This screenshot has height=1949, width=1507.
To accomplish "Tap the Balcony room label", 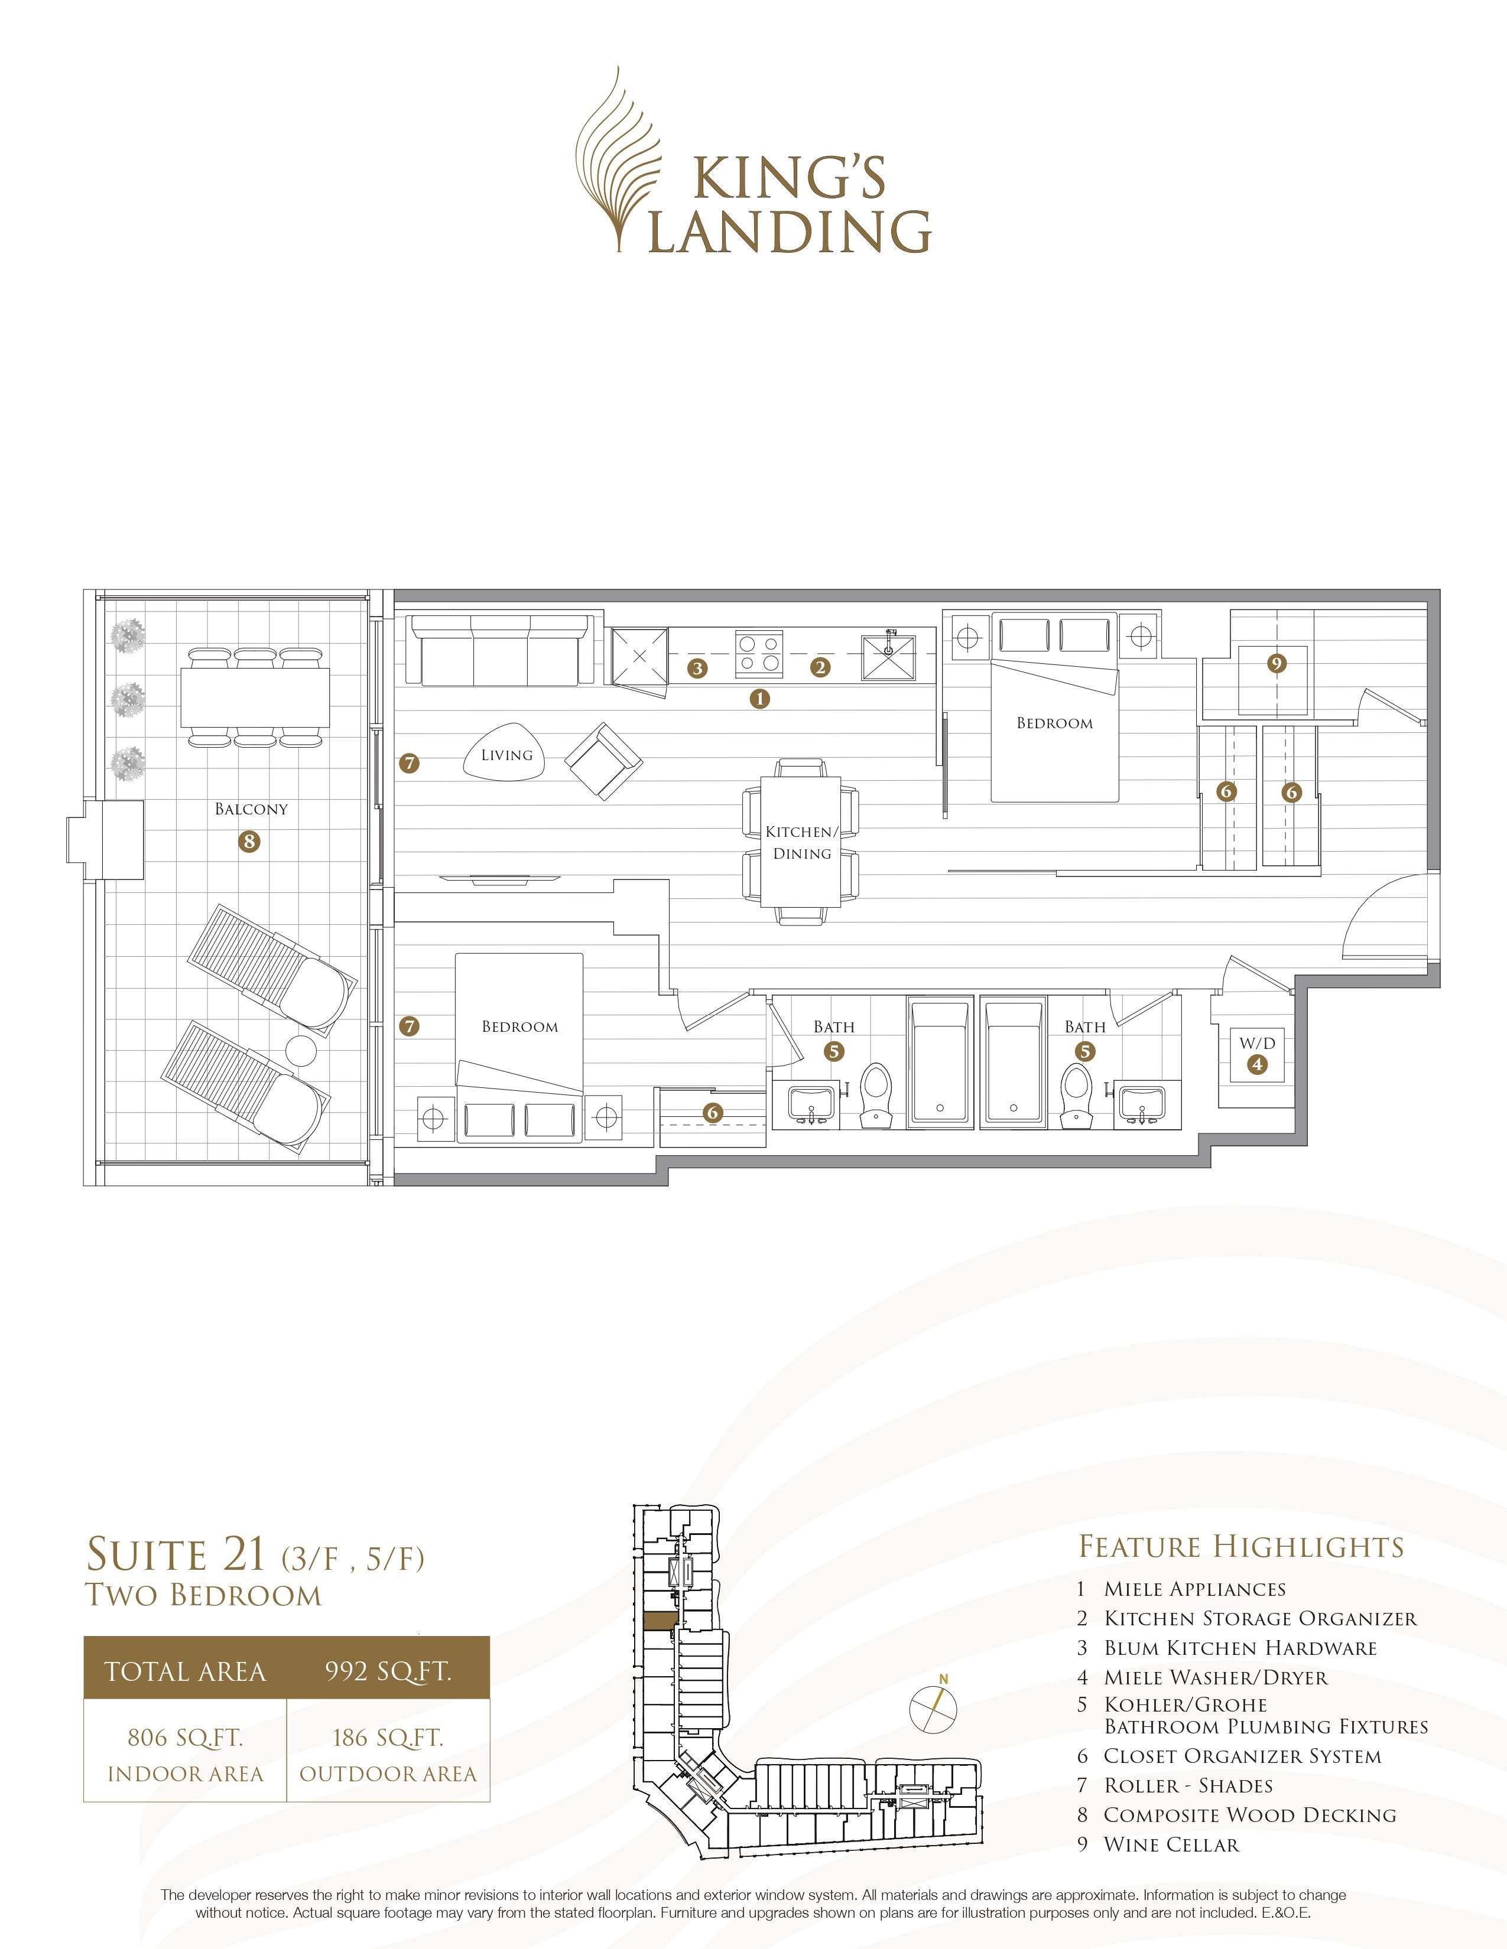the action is tap(251, 809).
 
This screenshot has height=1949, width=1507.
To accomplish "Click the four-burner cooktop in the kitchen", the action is tap(759, 654).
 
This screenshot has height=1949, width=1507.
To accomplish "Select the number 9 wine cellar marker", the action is tap(1277, 663).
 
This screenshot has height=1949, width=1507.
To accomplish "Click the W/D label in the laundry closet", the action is tap(1257, 1042).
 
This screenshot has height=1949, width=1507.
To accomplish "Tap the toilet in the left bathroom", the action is tap(876, 1094).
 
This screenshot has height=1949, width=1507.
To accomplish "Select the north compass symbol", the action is tap(933, 1708).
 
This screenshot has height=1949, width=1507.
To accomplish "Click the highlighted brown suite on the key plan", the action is tap(660, 1621).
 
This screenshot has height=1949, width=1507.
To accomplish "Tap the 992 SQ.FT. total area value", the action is tap(388, 1671).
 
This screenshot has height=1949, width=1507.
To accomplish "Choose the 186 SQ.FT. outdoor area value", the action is tap(388, 1738).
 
